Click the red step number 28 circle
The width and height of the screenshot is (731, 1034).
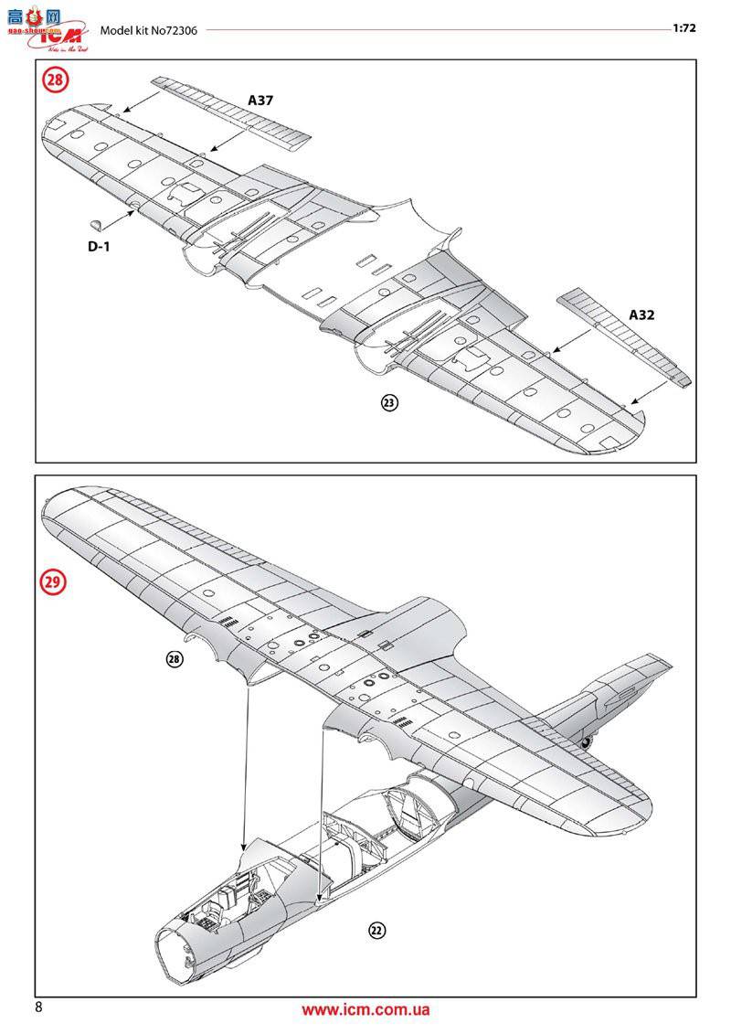pos(56,80)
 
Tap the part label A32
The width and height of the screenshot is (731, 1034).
pos(641,314)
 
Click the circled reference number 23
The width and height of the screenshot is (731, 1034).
pos(389,402)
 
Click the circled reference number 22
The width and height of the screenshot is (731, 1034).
pos(376,931)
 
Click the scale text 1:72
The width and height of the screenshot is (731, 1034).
pos(684,27)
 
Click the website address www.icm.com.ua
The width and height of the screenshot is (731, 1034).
pos(365,1010)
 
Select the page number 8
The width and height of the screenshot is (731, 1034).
pos(38,1007)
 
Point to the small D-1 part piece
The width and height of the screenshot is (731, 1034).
pos(97,224)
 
